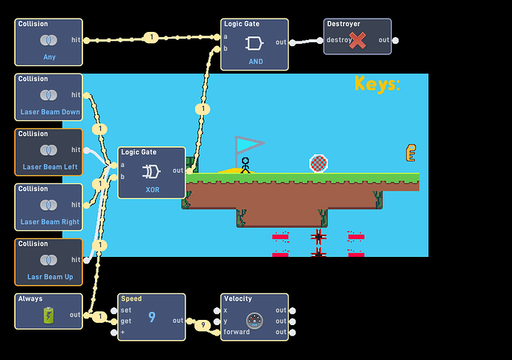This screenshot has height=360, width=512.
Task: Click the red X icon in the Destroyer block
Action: pos(357,41)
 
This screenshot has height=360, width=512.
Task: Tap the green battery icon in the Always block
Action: pos(48,315)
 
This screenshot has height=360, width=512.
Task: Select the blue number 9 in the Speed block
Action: pos(152,317)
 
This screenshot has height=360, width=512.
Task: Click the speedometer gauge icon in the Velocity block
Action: pos(255,321)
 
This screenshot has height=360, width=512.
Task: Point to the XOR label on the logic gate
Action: pos(152,190)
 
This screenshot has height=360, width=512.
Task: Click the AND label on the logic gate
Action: pos(256,62)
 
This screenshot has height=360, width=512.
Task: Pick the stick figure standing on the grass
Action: pos(245,166)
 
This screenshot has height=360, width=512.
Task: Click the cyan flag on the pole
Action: pos(249,145)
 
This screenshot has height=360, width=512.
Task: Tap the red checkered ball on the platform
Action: pos(318,163)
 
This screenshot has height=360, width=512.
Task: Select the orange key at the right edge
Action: pos(411,153)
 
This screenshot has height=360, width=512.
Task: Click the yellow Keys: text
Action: pos(377,85)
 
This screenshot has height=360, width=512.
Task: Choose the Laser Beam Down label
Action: pos(50,112)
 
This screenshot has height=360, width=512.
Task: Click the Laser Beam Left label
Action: pos(50,167)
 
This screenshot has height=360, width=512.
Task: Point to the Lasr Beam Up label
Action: pos(50,277)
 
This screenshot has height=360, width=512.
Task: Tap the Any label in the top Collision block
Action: pos(49,57)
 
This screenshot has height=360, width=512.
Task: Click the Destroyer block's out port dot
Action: pos(396,41)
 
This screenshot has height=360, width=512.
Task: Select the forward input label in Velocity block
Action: pos(237,332)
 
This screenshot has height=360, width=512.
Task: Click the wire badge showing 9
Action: pos(203,324)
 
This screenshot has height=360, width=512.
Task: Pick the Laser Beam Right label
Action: pos(50,222)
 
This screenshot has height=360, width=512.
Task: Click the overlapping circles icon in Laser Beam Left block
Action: pos(49,150)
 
